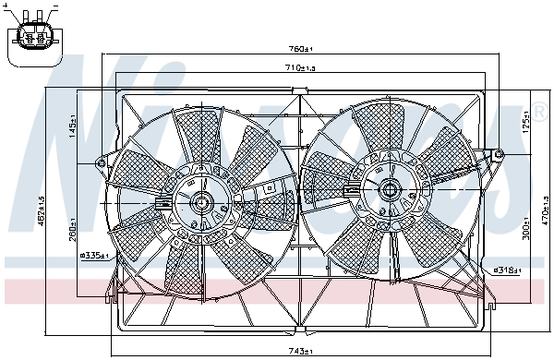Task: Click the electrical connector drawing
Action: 34,40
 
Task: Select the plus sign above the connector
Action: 11,7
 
